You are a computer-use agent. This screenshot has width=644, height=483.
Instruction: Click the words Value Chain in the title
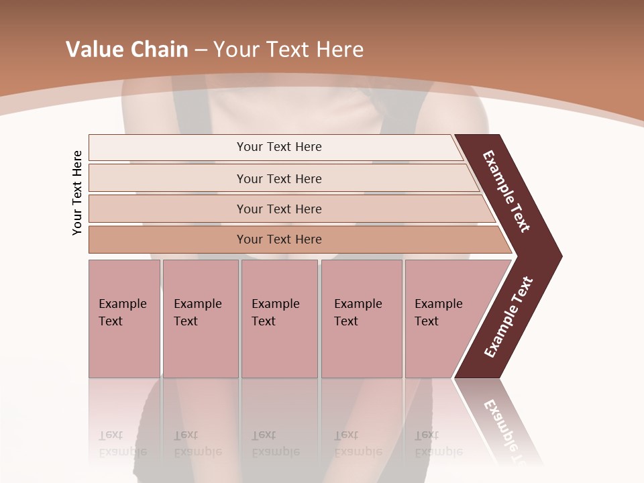coord(127,50)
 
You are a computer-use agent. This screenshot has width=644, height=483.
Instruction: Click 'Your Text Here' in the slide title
coord(288,50)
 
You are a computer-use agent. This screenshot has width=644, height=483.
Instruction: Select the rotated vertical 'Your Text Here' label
coord(77,193)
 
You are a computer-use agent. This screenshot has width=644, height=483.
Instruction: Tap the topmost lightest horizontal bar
coord(278,147)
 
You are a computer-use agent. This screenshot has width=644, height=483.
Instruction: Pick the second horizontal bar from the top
coord(278,178)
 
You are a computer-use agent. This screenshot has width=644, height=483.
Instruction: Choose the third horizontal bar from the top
coord(278,209)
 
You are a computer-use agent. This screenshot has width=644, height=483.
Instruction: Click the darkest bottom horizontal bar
coord(278,239)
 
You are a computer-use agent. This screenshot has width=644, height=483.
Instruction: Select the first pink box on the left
coord(124,319)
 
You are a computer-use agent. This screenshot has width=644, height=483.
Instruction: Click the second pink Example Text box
coord(200,319)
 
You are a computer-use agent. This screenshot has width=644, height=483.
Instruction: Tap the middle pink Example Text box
coord(279,319)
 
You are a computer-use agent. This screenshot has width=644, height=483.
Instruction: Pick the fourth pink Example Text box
coord(361,319)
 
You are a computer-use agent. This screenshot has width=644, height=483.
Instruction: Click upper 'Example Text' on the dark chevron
coord(506,191)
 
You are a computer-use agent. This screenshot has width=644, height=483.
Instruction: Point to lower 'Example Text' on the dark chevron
coord(508,317)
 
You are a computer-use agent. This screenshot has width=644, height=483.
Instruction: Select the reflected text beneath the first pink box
coord(122,443)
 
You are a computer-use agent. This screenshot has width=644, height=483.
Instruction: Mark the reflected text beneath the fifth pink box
coord(438,443)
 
